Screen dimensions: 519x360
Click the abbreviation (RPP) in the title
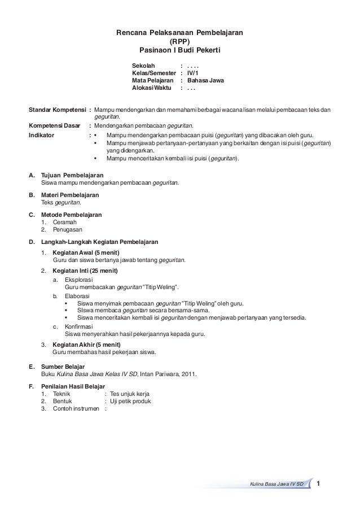[x=180, y=42]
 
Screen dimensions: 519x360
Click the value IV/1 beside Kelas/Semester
[x=192, y=73]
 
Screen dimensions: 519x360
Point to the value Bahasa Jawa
[x=205, y=81]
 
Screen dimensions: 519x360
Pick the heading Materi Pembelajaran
[x=70, y=195]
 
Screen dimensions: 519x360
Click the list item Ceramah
[x=64, y=223]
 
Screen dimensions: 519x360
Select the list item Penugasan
[x=67, y=230]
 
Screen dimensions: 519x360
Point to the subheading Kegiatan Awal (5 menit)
[x=86, y=252]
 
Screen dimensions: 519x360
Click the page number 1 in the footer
[x=319, y=483]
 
